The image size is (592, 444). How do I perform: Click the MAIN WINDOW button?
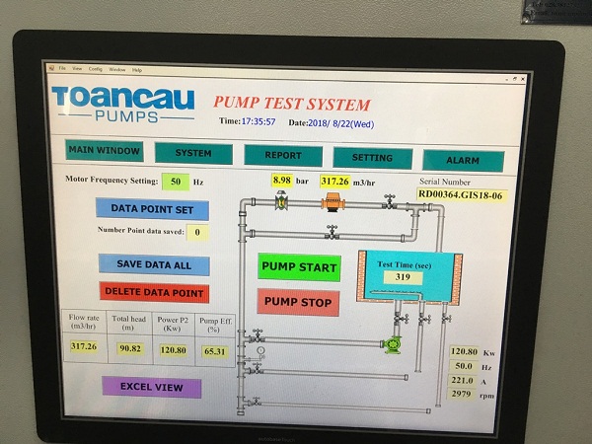tap(105, 151)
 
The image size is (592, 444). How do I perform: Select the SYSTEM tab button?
tap(193, 154)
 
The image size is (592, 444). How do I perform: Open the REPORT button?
tap(283, 156)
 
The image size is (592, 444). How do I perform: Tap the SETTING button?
tap(372, 158)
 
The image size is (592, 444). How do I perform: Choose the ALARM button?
tap(463, 160)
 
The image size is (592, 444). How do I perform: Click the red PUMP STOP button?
tap(298, 302)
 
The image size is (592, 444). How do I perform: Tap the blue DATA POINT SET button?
tap(152, 209)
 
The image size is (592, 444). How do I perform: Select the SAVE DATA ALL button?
tap(154, 264)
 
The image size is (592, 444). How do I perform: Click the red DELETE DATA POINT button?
tap(154, 293)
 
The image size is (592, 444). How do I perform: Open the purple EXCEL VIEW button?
tap(152, 387)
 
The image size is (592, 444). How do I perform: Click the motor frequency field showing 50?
tap(176, 182)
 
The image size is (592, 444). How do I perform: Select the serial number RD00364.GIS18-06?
tap(460, 194)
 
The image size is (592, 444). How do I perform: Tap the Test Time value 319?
tap(403, 277)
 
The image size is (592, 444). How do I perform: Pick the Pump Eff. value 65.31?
tap(214, 351)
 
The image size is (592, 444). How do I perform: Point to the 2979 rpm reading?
tap(462, 394)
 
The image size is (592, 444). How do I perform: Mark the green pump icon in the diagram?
tap(393, 343)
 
